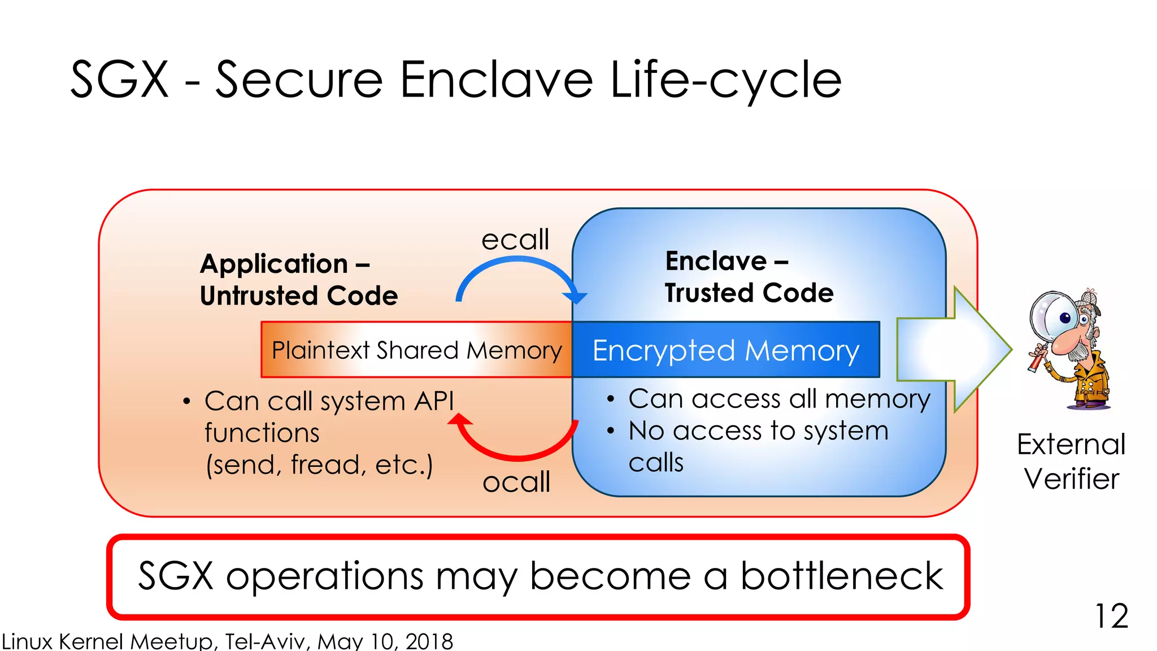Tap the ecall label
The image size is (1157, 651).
(x=515, y=240)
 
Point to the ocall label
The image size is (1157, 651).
(x=516, y=483)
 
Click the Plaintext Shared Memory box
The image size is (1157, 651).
(x=416, y=350)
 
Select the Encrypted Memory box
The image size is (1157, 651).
(x=725, y=350)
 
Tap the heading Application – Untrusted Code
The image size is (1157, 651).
(x=298, y=280)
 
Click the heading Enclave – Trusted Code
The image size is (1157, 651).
(x=749, y=277)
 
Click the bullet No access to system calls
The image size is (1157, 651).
(x=758, y=446)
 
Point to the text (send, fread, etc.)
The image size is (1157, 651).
(x=319, y=465)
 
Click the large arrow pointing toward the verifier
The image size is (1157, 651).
(x=955, y=349)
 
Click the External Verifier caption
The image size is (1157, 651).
(x=1071, y=461)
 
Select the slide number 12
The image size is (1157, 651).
(x=1111, y=616)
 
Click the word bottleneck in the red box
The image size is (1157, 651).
(x=841, y=576)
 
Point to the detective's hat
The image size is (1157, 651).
(x=1088, y=300)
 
